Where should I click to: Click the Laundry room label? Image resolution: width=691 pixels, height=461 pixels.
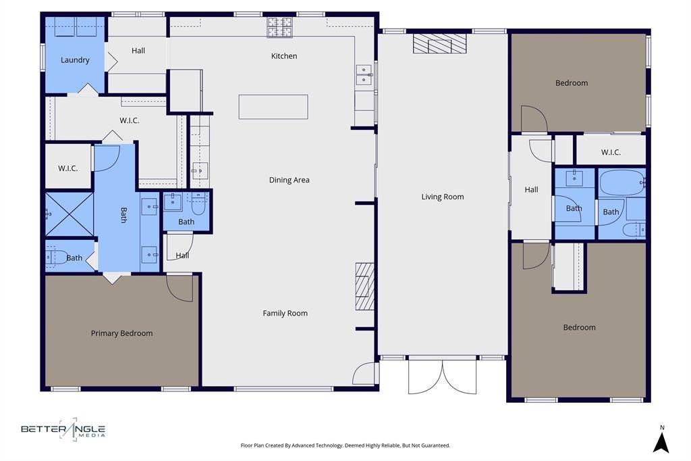(x=75, y=60)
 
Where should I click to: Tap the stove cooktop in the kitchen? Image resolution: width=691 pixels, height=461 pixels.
(x=280, y=28)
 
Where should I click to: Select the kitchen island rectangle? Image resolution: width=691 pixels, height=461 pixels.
(x=273, y=107)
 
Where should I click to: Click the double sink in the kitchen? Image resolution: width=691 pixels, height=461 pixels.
(x=364, y=74)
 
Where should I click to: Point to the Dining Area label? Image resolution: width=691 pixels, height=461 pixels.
(x=289, y=180)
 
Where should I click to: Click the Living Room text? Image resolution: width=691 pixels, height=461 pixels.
(x=443, y=197)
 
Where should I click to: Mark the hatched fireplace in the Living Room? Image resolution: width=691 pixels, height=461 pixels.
(x=439, y=45)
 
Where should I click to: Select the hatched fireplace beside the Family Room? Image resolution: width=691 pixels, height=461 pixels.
(x=365, y=286)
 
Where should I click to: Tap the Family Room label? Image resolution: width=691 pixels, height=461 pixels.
(x=285, y=313)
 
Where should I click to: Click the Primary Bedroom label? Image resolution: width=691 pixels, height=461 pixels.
(x=121, y=333)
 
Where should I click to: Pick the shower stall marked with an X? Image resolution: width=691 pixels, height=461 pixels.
(x=69, y=214)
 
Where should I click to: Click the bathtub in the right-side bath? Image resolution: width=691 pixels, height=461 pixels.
(x=622, y=183)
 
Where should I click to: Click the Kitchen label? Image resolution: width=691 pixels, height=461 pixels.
(x=283, y=56)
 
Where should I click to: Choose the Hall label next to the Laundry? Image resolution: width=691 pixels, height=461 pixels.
(x=138, y=51)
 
